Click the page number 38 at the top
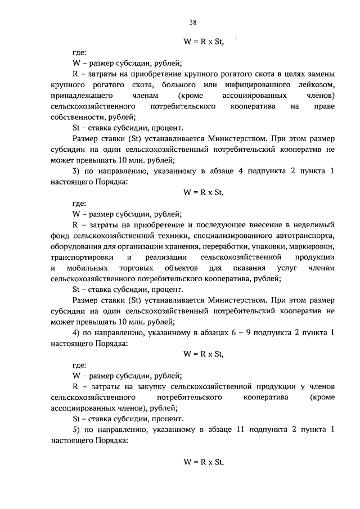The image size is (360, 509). click(x=192, y=22)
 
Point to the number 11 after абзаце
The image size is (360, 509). click(x=244, y=430)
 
